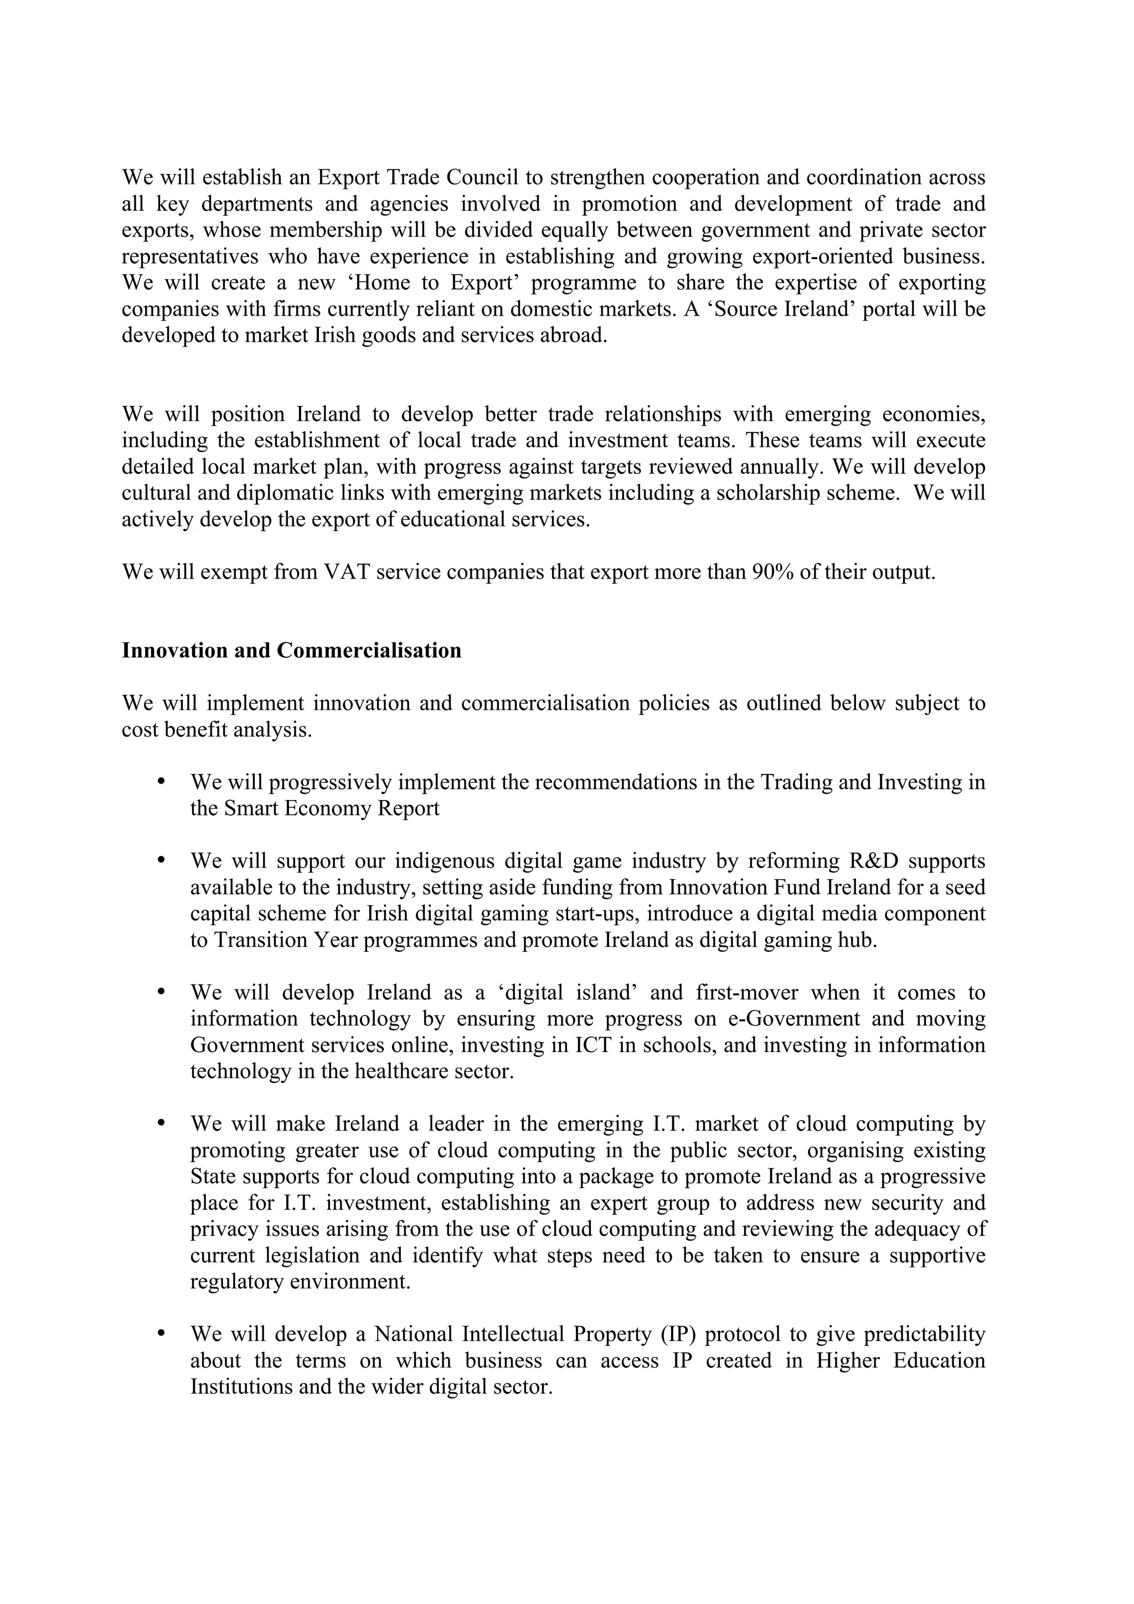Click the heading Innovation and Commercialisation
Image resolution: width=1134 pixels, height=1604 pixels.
tap(291, 651)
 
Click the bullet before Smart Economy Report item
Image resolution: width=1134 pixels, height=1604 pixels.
tap(161, 782)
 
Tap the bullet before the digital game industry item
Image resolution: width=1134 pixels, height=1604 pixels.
tap(161, 860)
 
